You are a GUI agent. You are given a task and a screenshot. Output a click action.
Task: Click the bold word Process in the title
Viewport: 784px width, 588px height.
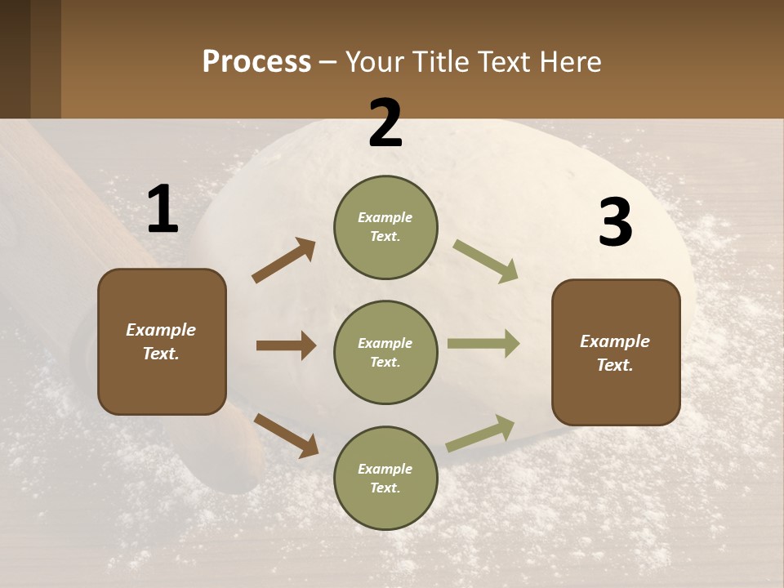[256, 62]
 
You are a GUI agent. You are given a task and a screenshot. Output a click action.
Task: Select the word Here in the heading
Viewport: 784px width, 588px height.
[568, 62]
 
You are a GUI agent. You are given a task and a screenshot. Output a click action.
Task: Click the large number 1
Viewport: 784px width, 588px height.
[163, 209]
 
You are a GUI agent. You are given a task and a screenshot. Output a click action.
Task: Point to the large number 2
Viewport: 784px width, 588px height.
[385, 123]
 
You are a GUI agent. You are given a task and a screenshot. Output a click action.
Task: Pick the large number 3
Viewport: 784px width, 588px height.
[615, 222]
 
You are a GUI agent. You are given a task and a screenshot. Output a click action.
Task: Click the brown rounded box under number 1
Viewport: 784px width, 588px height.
[162, 341]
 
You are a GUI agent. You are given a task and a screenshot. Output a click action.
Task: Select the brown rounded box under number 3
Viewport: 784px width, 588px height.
[616, 352]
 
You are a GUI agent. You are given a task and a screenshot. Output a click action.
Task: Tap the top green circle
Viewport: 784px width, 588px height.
[385, 227]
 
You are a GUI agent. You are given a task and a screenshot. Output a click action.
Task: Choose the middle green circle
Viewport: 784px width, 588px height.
[385, 352]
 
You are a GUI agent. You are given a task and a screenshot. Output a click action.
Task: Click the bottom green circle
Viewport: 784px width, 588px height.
[385, 478]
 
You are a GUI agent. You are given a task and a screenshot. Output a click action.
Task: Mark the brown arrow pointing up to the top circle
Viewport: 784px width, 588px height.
[284, 261]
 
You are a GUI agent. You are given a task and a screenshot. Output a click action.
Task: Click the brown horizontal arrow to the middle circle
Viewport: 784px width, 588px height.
[286, 345]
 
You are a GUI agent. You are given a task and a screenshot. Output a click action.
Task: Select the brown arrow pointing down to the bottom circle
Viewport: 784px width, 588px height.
[286, 434]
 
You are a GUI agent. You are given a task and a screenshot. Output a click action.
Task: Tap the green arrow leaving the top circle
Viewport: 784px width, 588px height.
[486, 261]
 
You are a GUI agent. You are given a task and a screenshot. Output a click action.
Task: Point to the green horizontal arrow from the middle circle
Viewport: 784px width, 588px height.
[483, 344]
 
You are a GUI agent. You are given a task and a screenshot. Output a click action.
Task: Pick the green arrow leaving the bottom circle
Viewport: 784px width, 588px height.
[480, 433]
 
